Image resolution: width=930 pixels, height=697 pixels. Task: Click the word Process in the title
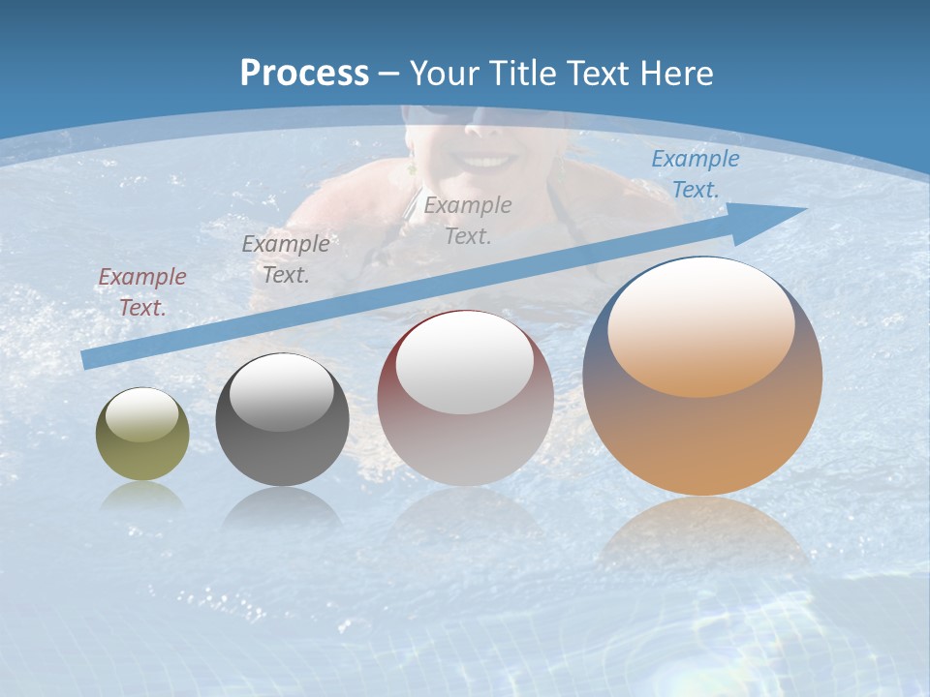tap(304, 74)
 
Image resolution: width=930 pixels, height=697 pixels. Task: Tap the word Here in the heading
tap(676, 74)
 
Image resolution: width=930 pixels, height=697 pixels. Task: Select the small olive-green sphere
tap(142, 435)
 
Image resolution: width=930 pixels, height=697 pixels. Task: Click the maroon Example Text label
tap(141, 291)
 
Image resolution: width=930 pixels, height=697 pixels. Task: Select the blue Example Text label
tap(695, 174)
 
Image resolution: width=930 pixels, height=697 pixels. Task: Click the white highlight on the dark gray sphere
tap(281, 392)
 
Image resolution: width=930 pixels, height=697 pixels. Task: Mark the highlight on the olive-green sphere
tap(142, 415)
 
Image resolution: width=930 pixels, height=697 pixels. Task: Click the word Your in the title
tap(442, 74)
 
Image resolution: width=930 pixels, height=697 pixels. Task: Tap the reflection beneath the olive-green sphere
tap(142, 496)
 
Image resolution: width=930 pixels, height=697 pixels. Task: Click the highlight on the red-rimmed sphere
tap(464, 364)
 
